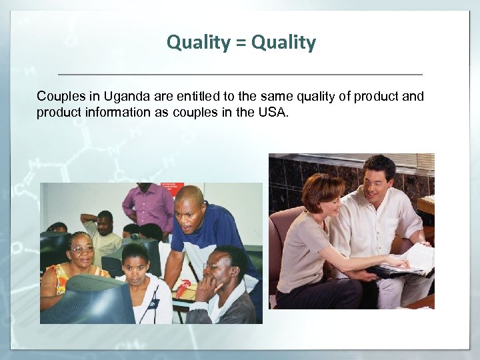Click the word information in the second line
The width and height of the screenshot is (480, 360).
112,112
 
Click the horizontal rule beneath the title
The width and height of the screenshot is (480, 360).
240,73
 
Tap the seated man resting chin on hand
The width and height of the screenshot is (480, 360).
223,287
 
